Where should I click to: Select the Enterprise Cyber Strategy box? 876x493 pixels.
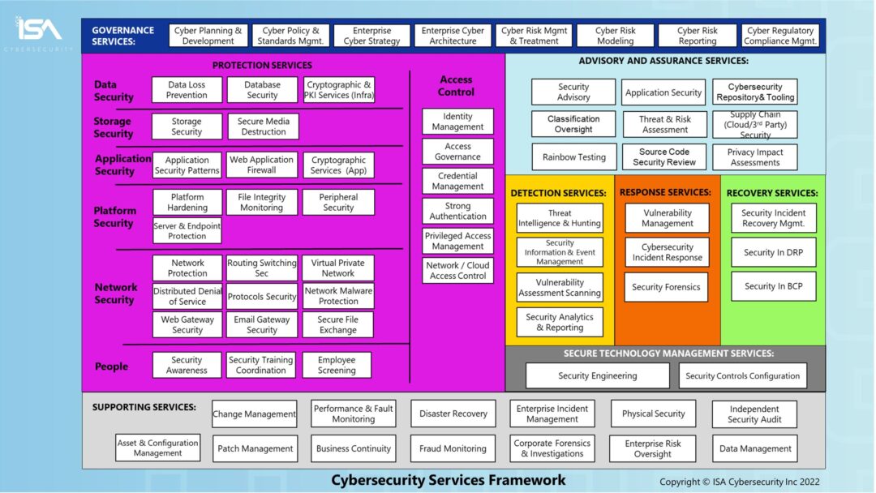tap(371, 36)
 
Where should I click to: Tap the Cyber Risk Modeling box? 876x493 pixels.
tap(615, 36)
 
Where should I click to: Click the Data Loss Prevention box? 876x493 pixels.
tap(187, 90)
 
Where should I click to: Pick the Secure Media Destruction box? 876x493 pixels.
tap(263, 126)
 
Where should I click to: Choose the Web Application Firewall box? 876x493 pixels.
tap(262, 165)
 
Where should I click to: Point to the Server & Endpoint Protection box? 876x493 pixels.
tap(187, 231)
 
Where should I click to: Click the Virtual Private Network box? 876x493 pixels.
tap(337, 268)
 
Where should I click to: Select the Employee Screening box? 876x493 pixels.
tap(337, 365)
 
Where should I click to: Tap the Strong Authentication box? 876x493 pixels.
tap(457, 211)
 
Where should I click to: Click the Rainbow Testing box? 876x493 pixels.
tap(574, 157)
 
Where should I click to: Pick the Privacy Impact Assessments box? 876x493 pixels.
tap(754, 157)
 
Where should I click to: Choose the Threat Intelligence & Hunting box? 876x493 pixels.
tap(560, 218)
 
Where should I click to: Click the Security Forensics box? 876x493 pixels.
tap(667, 287)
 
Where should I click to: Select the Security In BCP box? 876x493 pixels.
tap(773, 286)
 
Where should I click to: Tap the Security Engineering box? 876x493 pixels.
tap(597, 375)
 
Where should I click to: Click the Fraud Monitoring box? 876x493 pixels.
tap(453, 448)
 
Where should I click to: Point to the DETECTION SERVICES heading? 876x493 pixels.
tap(558, 193)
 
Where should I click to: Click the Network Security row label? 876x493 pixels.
tap(116, 294)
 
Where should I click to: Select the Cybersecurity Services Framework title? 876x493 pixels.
tap(449, 480)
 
